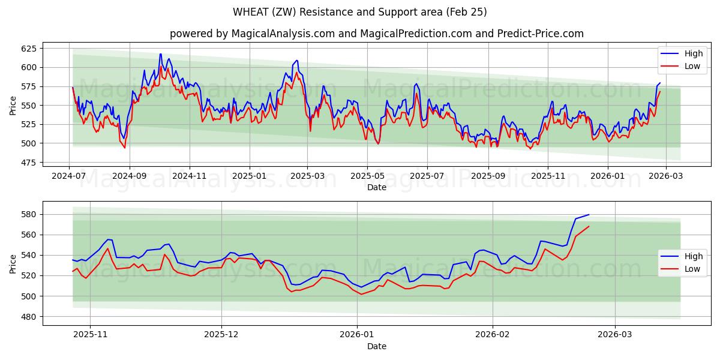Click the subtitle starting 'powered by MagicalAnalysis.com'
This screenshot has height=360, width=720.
click(x=376, y=34)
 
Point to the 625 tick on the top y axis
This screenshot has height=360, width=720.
click(x=28, y=48)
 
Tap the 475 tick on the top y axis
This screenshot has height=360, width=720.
click(x=28, y=163)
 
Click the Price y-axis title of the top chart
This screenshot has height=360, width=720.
click(x=13, y=106)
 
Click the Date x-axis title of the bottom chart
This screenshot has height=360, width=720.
click(x=376, y=346)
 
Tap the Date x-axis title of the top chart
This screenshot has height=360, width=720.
click(x=376, y=187)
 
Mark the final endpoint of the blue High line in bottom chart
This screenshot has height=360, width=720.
click(x=589, y=215)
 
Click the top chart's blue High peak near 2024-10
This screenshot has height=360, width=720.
click(x=160, y=54)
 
